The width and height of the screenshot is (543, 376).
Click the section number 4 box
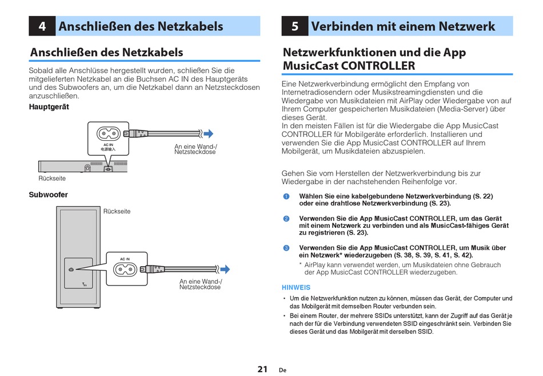42,26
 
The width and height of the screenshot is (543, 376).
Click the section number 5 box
294,26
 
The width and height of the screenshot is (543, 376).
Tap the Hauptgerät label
49,107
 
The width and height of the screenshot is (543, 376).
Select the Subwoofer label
49,195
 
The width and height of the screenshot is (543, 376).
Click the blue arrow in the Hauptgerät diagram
208,134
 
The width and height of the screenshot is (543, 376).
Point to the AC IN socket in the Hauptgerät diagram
108,134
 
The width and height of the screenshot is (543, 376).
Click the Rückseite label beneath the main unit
52,179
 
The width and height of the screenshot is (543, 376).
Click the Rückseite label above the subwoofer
117,211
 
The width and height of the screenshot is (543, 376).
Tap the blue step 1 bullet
286,197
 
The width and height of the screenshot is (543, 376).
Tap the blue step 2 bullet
286,219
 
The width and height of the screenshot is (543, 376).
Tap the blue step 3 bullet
286,248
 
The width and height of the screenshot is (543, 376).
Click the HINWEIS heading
296,287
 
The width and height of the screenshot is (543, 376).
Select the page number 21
262,369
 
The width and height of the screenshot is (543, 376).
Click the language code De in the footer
282,370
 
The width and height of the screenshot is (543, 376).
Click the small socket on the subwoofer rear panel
71,270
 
